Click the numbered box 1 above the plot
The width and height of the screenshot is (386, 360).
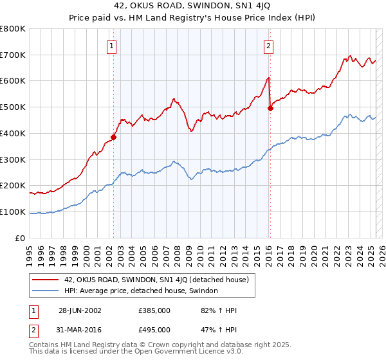[113, 46]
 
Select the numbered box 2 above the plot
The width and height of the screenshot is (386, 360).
[268, 46]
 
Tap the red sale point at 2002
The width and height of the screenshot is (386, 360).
[114, 136]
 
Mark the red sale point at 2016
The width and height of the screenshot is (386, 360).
[270, 108]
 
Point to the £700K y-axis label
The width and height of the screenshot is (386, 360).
[14, 55]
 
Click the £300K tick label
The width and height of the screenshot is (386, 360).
[14, 159]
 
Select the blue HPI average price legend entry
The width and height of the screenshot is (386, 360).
[141, 291]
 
